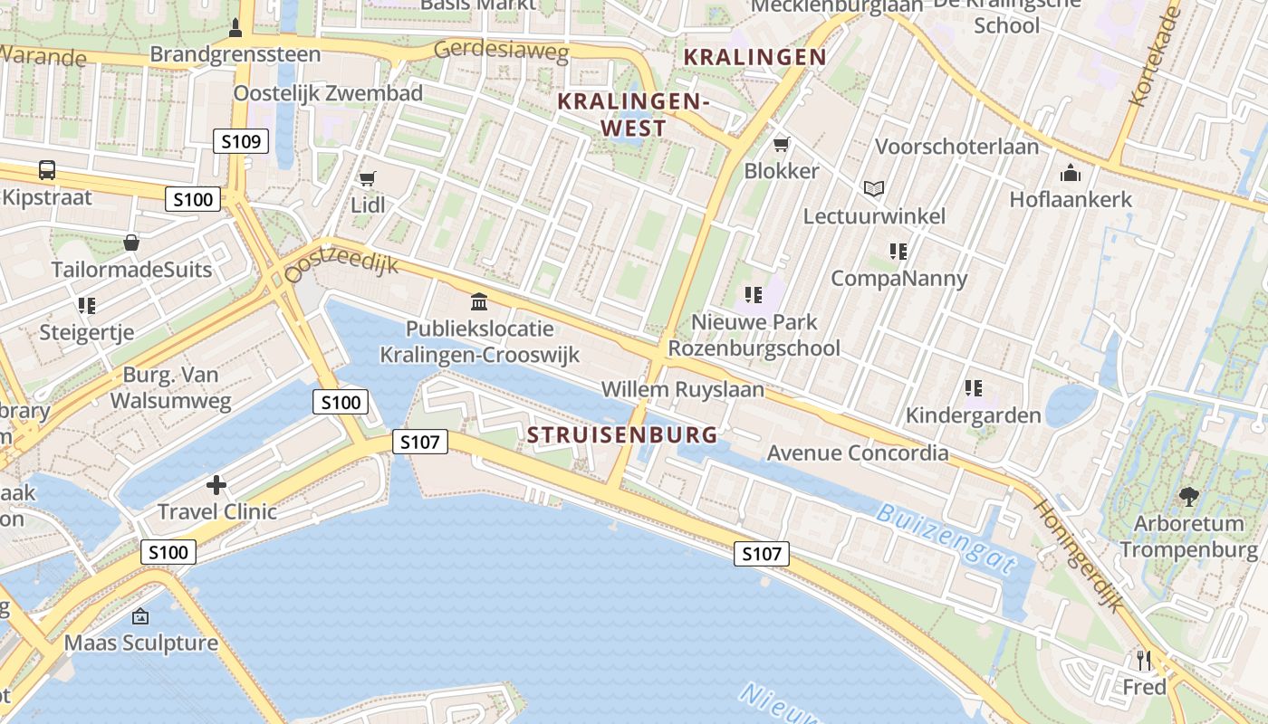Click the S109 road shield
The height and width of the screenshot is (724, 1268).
[x=242, y=141]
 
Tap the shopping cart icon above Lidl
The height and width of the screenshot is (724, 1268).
[x=367, y=179]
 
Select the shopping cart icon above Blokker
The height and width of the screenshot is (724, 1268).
[x=782, y=145]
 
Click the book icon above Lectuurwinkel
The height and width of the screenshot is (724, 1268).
[x=874, y=189]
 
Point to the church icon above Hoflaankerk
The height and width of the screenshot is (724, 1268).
[x=1071, y=173]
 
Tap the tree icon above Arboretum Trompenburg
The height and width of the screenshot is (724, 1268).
[x=1188, y=497]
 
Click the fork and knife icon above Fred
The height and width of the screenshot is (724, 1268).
[x=1145, y=660]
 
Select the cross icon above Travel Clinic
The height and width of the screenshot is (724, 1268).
[x=216, y=485]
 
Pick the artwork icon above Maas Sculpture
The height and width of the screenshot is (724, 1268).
[x=140, y=616]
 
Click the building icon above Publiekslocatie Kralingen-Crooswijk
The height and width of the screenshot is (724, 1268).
[x=479, y=301]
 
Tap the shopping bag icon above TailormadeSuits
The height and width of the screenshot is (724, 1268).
[x=131, y=243]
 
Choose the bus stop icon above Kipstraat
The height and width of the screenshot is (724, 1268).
[x=46, y=170]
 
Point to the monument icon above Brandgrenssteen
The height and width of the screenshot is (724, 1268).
[x=235, y=28]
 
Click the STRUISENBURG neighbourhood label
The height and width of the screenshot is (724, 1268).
[x=622, y=435]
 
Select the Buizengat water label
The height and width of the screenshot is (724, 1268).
[x=946, y=539]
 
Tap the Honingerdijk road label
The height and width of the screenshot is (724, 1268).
[x=1079, y=555]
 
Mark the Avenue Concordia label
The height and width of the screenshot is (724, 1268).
[x=858, y=452]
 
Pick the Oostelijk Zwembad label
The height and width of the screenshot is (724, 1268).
[x=328, y=93]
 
